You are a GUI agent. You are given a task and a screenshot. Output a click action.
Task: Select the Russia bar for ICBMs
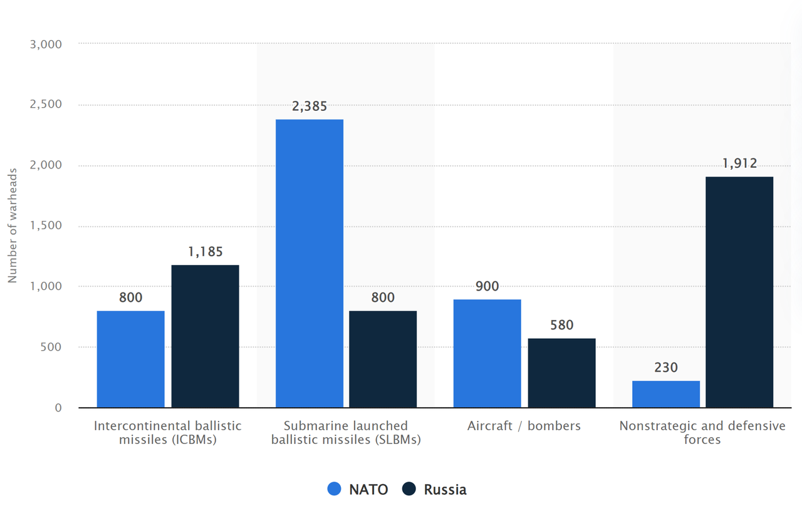(205, 336)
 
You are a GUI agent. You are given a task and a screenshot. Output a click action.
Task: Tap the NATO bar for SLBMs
(310, 263)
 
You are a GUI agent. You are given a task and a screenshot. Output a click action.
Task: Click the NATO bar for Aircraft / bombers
(487, 353)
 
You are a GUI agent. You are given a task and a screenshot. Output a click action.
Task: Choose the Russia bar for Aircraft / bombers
(561, 373)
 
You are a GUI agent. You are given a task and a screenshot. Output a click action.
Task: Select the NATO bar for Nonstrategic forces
(665, 394)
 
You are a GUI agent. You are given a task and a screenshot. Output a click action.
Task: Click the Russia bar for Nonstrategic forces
(739, 292)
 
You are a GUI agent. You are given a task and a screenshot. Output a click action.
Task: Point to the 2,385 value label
(310, 106)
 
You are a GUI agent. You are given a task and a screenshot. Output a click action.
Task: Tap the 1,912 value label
(739, 164)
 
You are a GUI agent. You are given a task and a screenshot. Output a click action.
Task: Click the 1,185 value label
(205, 252)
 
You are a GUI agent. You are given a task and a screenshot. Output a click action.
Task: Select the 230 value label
(665, 368)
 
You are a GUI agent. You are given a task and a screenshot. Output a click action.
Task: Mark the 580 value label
(561, 325)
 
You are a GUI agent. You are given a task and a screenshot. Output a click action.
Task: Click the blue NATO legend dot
(335, 489)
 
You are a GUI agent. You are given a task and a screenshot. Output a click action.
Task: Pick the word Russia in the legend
(445, 489)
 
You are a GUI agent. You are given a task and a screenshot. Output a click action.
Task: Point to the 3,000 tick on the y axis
(46, 44)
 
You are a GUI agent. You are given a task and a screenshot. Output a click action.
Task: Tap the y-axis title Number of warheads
(13, 225)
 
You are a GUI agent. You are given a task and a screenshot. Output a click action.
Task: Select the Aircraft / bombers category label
(524, 426)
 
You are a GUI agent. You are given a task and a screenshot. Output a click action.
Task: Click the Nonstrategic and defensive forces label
(702, 432)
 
